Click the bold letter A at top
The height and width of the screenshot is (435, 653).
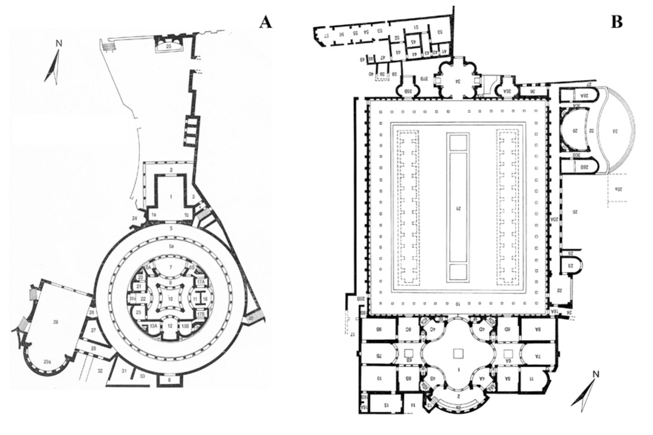click(x=266, y=23)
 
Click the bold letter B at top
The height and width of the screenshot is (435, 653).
click(x=616, y=22)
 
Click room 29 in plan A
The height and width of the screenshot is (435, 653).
click(x=56, y=322)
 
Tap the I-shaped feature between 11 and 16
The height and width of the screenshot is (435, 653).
click(x=200, y=299)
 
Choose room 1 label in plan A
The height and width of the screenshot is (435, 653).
click(x=171, y=197)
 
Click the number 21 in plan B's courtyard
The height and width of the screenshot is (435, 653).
click(x=457, y=208)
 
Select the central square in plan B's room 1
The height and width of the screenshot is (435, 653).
click(x=457, y=354)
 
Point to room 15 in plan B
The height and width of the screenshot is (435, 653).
click(x=386, y=404)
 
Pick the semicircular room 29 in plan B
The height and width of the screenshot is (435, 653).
click(x=574, y=131)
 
